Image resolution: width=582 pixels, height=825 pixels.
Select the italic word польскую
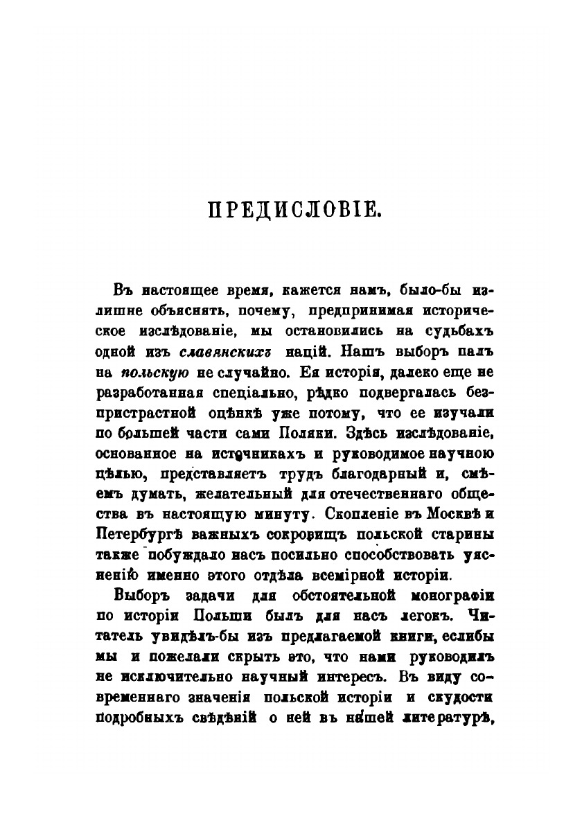coord(152,372)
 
